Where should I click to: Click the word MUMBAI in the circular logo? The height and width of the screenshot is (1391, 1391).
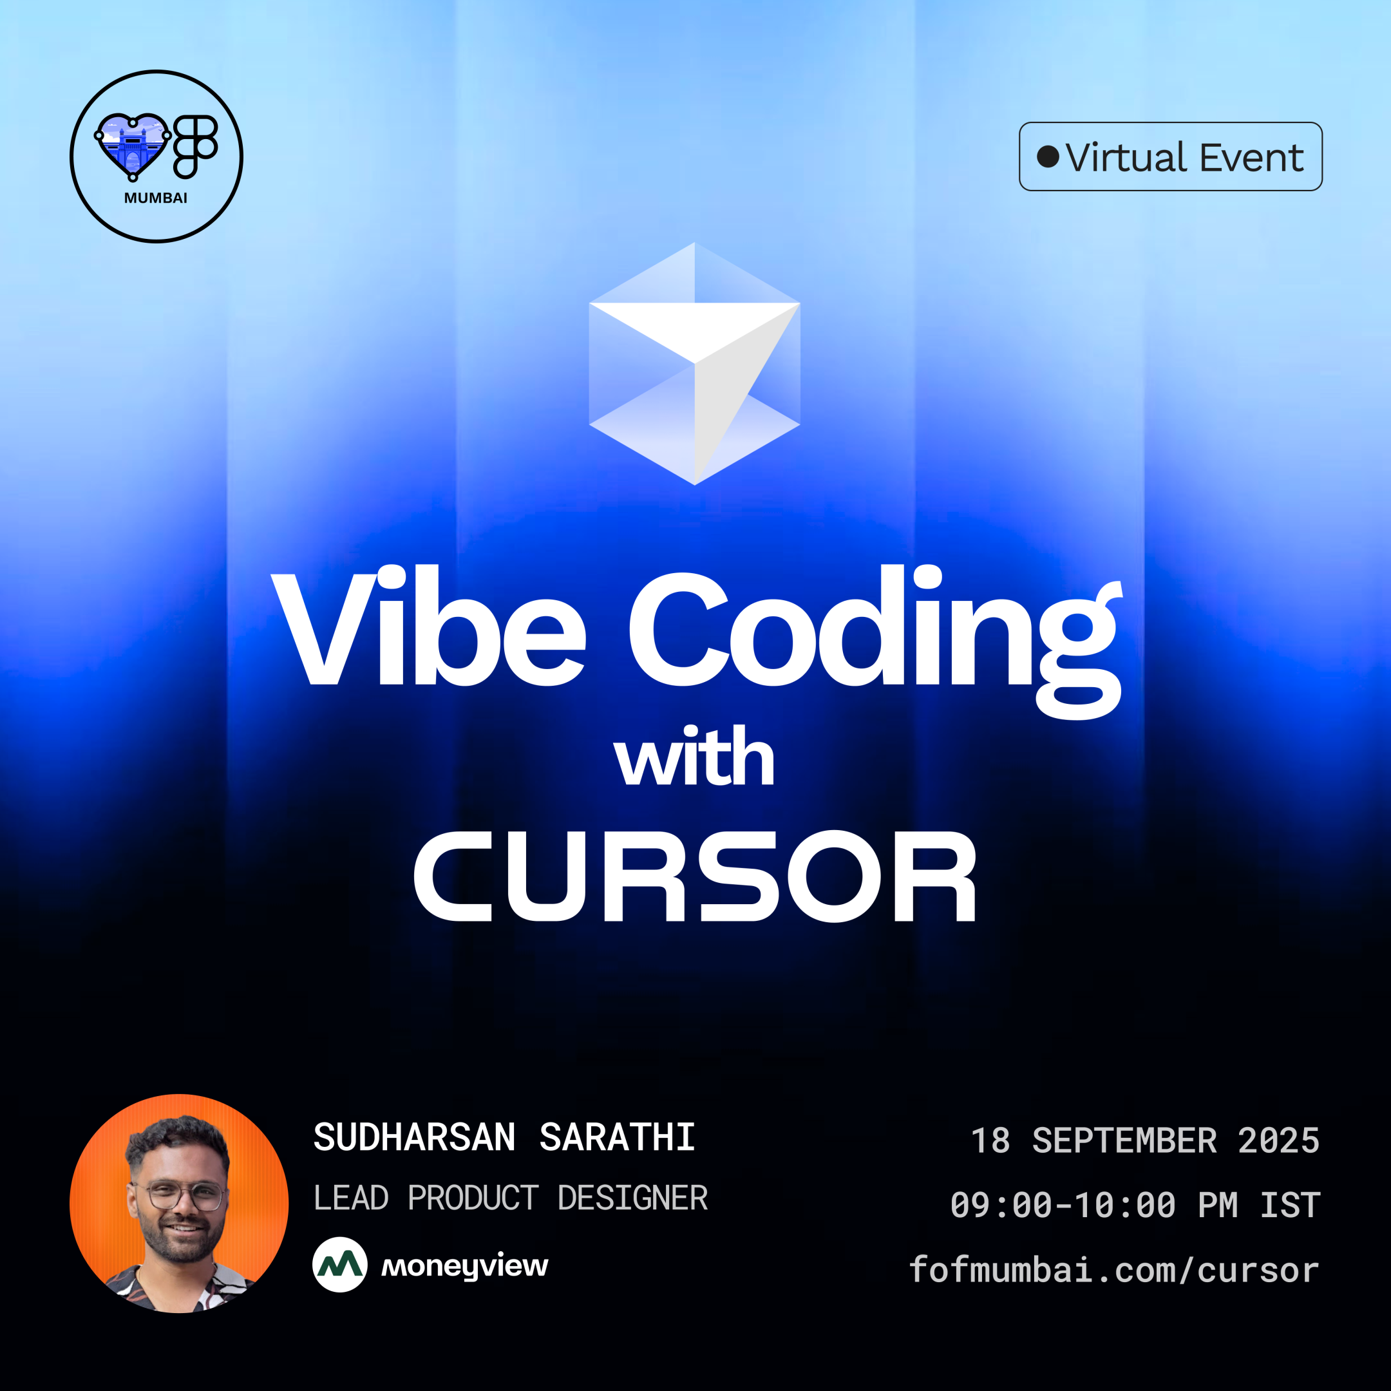155,198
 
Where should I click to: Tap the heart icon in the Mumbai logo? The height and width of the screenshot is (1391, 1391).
133,145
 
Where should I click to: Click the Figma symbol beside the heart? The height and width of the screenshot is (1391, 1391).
195,146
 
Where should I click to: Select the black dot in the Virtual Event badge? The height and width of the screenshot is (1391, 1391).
1048,157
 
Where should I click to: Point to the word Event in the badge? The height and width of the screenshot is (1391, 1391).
1251,158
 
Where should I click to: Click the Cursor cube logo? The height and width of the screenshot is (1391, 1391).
694,364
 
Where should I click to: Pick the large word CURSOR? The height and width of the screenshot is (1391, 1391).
694,876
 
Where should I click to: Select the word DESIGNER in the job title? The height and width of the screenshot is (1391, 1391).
632,1198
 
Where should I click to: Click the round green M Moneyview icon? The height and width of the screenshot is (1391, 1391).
340,1264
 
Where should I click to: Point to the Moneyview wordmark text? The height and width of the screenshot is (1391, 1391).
464,1265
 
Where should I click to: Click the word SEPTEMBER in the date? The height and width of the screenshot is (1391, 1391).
1124,1141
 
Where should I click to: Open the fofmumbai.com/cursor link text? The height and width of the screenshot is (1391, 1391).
1114,1269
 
